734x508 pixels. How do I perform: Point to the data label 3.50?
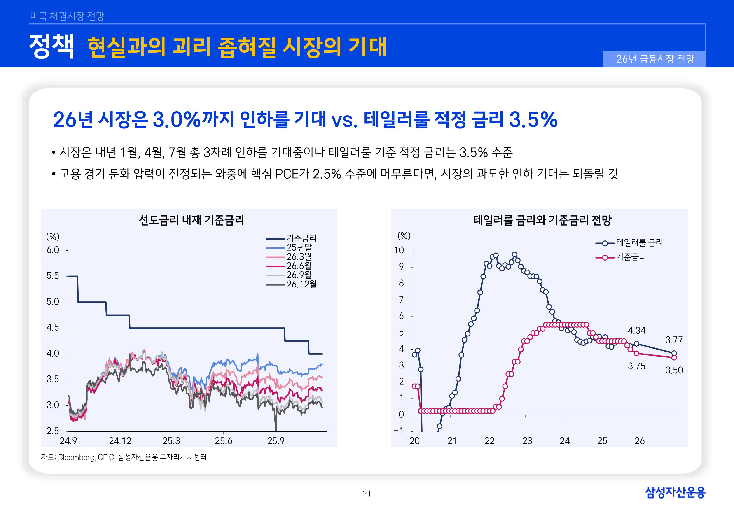(x=674, y=370)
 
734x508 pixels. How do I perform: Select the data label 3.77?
(x=674, y=340)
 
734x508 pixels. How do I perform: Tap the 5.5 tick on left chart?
(x=53, y=276)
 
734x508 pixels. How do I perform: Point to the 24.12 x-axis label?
(x=120, y=441)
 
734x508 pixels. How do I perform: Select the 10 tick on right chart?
(x=399, y=250)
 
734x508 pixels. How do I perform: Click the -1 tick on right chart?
(x=399, y=431)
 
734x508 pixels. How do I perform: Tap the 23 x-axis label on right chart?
(x=527, y=441)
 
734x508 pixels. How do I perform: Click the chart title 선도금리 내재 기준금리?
(x=191, y=220)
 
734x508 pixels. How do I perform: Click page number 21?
(x=367, y=494)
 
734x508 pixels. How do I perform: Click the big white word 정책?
(x=51, y=47)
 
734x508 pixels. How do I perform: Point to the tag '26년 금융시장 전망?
(x=654, y=59)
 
